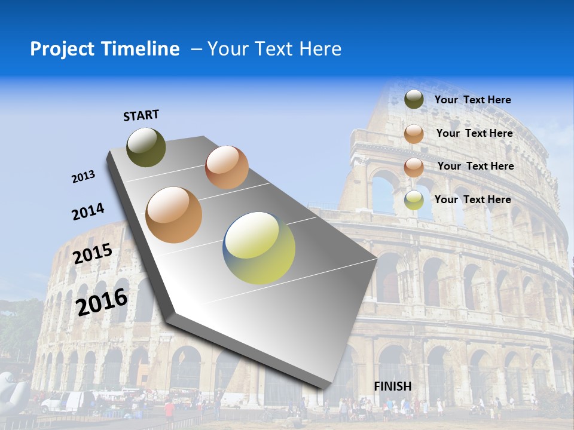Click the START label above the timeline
[x=141, y=115]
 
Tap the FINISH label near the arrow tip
[x=392, y=386]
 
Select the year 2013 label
[x=83, y=177]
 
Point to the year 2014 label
[x=88, y=212]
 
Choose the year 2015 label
[x=92, y=254]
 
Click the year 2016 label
[x=102, y=302]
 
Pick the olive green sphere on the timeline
[x=146, y=147]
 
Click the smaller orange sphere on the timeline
[x=227, y=167]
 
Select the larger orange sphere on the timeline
[x=174, y=215]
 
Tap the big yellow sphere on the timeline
[x=259, y=248]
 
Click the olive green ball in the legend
[x=414, y=99]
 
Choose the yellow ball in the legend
[x=414, y=200]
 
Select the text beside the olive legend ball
[x=472, y=100]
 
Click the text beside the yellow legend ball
[x=472, y=199]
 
